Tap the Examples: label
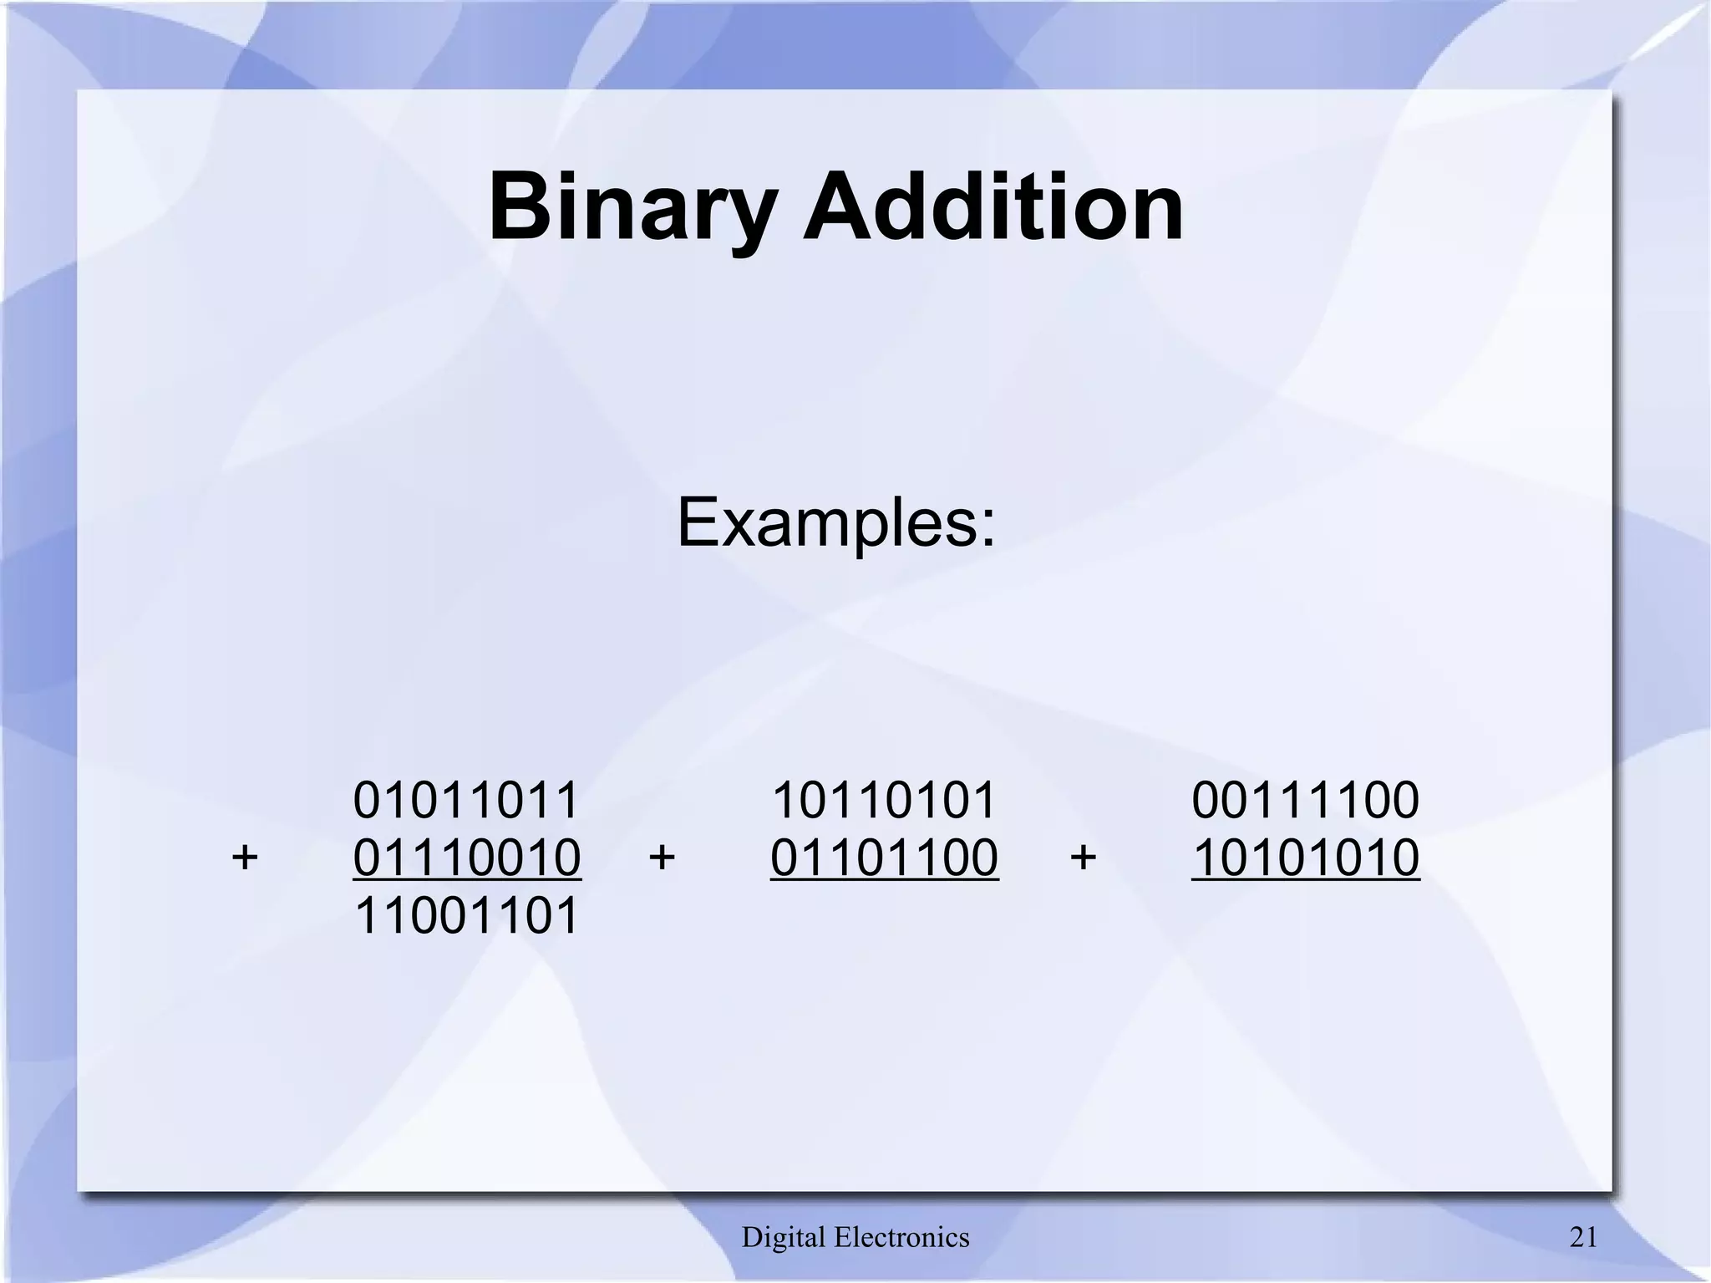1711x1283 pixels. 836,522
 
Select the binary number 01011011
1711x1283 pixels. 466,800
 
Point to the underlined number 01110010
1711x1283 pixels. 466,858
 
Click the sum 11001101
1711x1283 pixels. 466,915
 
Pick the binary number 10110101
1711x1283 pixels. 884,800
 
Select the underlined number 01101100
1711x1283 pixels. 884,858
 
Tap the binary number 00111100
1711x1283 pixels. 1305,800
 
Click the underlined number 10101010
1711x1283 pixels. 1305,858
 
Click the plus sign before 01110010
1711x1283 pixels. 245,858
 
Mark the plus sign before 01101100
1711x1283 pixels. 662,858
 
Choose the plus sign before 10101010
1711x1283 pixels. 1083,858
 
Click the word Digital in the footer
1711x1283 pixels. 784,1237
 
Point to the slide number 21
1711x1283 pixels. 1584,1237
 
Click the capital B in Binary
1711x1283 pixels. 519,206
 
